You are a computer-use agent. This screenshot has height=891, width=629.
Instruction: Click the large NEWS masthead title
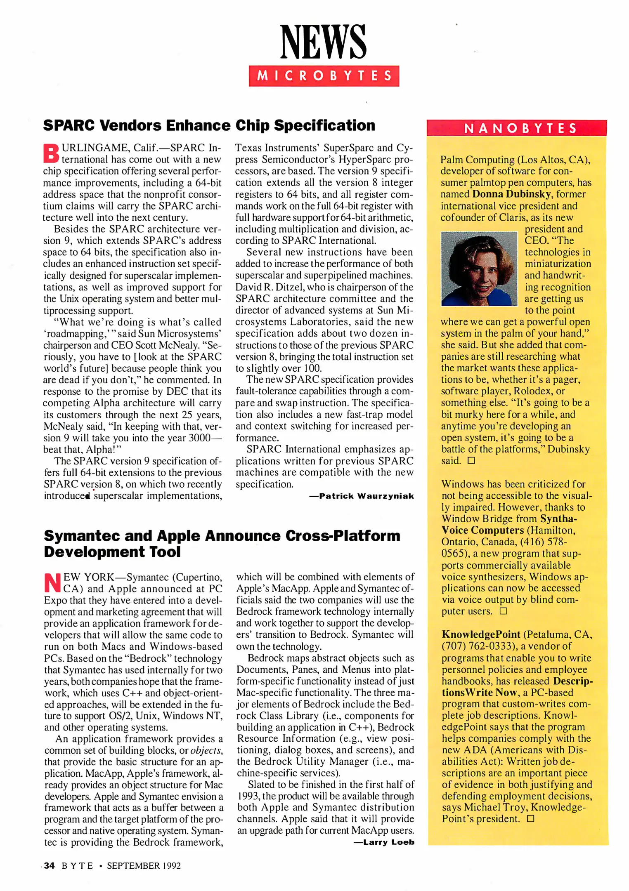[x=323, y=42]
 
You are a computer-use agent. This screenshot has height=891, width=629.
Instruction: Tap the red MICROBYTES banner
[x=324, y=76]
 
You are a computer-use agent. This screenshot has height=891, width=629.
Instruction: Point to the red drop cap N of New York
[x=53, y=582]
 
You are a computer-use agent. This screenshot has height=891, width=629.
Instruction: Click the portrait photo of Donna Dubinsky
[x=479, y=269]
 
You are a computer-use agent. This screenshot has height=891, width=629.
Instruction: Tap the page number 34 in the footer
[x=49, y=865]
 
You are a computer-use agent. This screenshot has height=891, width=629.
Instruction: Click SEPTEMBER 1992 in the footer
[x=144, y=865]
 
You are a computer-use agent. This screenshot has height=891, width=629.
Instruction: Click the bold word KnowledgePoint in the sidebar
[x=481, y=634]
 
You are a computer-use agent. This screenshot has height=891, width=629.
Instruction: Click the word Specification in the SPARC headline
[x=324, y=125]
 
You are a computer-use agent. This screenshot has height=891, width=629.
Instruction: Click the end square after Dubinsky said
[x=471, y=461]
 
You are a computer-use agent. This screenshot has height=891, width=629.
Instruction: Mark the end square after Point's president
[x=530, y=819]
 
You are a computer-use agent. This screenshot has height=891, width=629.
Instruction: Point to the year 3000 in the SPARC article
[x=199, y=438]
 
